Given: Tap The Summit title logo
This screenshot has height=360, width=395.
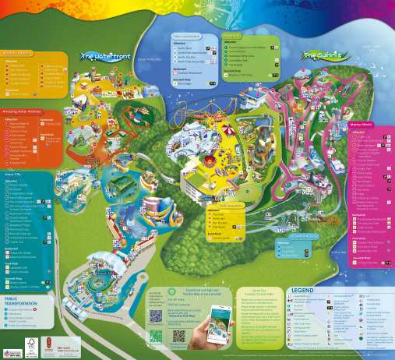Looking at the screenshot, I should pyautogui.click(x=322, y=55).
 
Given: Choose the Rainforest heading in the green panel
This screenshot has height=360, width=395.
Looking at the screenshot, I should pyautogui.click(x=233, y=36).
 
